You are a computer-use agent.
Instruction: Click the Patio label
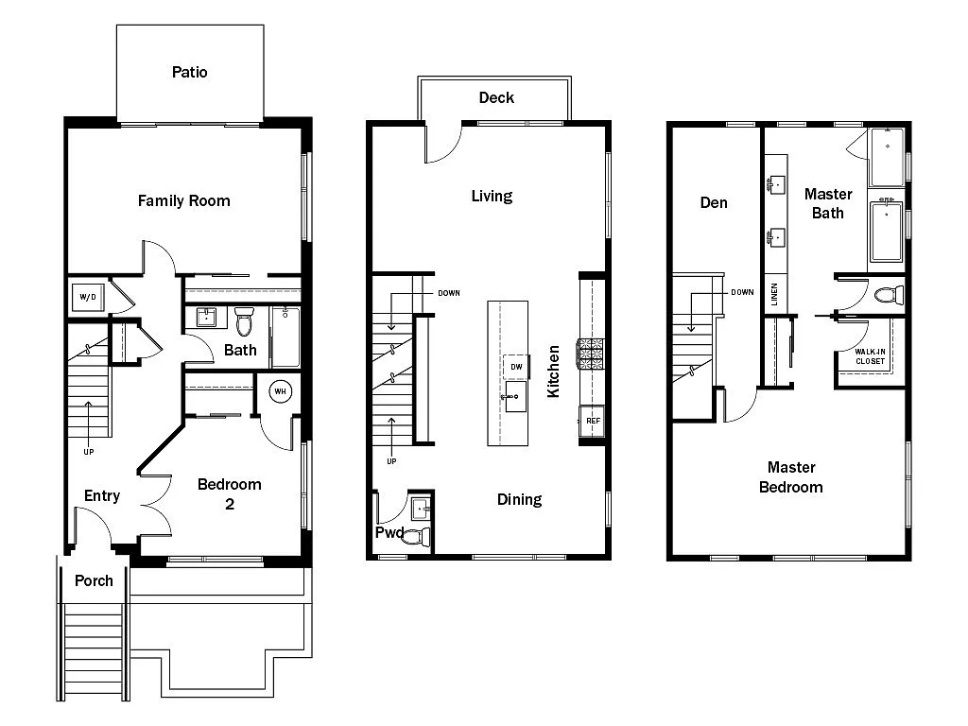click(189, 72)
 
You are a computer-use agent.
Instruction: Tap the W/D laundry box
click(88, 297)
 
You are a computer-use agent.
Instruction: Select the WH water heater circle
click(281, 391)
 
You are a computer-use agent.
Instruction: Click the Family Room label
click(183, 200)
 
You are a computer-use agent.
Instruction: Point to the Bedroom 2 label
click(229, 493)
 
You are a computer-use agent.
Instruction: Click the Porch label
click(94, 580)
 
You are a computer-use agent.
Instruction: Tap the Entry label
click(102, 495)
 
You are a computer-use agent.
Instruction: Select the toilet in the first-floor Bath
click(244, 322)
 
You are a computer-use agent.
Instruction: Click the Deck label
click(495, 97)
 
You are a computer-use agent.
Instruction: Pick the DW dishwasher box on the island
click(516, 367)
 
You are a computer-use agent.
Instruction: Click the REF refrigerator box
click(593, 421)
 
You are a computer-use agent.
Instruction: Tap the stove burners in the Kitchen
click(591, 354)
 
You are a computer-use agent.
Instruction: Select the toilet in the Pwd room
click(420, 537)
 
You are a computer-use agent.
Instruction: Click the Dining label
click(519, 499)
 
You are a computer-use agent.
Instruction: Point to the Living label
click(492, 196)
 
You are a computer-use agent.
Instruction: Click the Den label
click(714, 202)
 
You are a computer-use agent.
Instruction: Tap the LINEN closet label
click(774, 294)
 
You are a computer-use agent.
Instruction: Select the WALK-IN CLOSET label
click(870, 356)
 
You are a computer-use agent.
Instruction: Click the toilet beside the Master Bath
click(888, 295)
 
